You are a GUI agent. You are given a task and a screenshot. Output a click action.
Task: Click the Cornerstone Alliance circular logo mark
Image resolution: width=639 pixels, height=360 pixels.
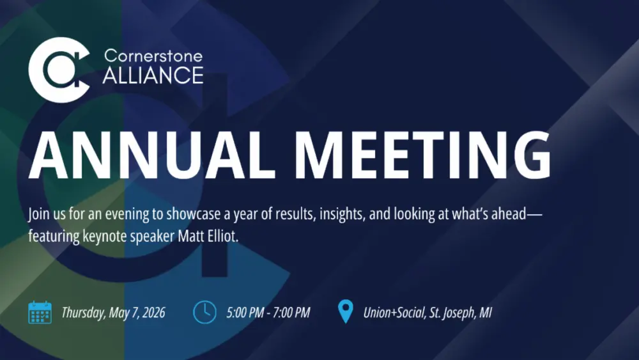pos(59,70)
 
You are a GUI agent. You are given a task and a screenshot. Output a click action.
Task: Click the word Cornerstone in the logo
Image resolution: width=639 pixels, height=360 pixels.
pos(153,56)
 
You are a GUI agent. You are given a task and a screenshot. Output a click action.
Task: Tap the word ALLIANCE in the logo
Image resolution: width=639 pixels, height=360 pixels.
pos(153,76)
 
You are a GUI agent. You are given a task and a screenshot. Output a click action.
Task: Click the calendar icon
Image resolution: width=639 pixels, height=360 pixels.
pos(40,313)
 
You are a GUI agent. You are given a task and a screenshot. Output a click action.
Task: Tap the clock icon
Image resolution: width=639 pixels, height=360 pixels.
pos(204,313)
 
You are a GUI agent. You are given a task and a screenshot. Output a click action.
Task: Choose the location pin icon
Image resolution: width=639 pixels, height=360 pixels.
pos(345,312)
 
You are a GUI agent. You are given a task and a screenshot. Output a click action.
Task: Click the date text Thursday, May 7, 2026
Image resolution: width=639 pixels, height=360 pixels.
pos(113,313)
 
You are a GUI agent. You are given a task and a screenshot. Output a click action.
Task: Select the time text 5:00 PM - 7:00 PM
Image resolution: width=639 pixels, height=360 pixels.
pos(268,313)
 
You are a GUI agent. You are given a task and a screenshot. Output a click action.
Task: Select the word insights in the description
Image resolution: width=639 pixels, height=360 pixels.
pos(339,214)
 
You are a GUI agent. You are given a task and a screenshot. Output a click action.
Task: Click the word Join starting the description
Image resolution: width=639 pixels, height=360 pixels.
pos(39,214)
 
